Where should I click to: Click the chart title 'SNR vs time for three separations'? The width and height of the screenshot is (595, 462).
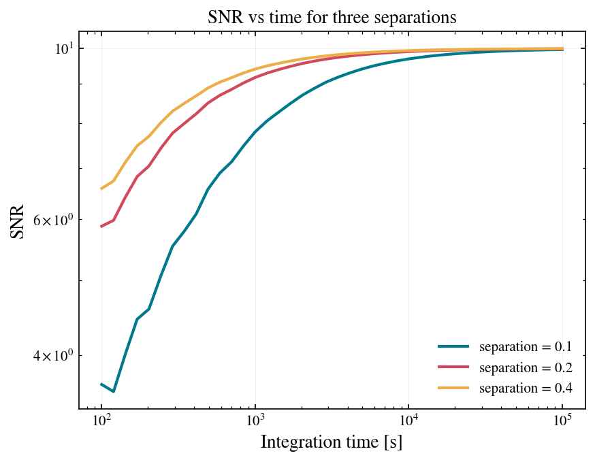coord(332,17)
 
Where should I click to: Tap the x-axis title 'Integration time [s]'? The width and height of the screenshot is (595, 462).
coord(332,442)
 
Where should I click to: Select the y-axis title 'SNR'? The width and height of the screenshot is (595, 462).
coord(17,222)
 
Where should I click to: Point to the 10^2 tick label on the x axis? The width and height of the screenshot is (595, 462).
coord(101,420)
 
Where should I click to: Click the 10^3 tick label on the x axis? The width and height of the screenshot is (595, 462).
coord(255,420)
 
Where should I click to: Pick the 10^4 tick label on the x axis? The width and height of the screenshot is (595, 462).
coord(408,420)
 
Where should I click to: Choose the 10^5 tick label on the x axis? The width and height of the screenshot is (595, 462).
coord(562,420)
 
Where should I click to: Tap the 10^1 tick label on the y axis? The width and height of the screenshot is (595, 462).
coord(63,48)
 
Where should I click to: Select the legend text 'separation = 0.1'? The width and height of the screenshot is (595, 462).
coord(526,346)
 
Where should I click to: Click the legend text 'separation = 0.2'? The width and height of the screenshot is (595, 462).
coord(526,367)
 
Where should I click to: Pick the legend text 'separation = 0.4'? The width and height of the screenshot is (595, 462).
coord(526,388)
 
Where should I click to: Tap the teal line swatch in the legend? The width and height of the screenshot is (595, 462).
coord(453,346)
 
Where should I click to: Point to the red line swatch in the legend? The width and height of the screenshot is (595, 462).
coord(453,367)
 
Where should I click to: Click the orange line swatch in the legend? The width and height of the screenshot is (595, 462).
coord(453,388)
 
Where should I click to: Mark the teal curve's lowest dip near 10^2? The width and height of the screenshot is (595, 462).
coord(114,391)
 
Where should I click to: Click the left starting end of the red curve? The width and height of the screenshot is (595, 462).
coord(101,227)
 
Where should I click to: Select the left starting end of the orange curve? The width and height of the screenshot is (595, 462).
coord(101,188)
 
